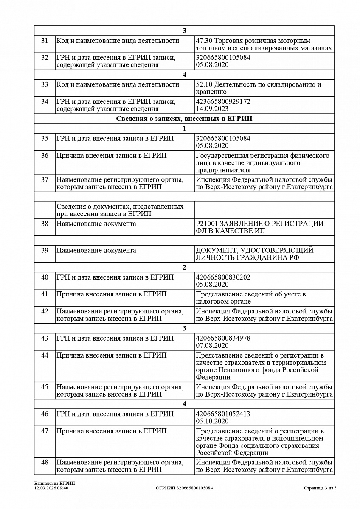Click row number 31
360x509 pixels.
[x=45, y=41]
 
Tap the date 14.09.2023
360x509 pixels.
[x=212, y=109]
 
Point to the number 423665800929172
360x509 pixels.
[x=223, y=102]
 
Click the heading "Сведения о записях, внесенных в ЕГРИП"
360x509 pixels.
[x=184, y=119]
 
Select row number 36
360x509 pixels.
[x=45, y=156]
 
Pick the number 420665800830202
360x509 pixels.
[x=223, y=277]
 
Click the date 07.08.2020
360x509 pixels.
[x=212, y=346]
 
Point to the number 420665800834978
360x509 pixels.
[x=223, y=338]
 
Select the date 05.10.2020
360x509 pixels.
[x=212, y=421]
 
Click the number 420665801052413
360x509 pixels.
[x=223, y=414]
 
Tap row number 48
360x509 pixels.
[x=45, y=462]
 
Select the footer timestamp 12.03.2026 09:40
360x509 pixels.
[x=51, y=488]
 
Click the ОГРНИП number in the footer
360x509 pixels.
[x=184, y=488]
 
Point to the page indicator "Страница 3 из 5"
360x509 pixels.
[x=320, y=488]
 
